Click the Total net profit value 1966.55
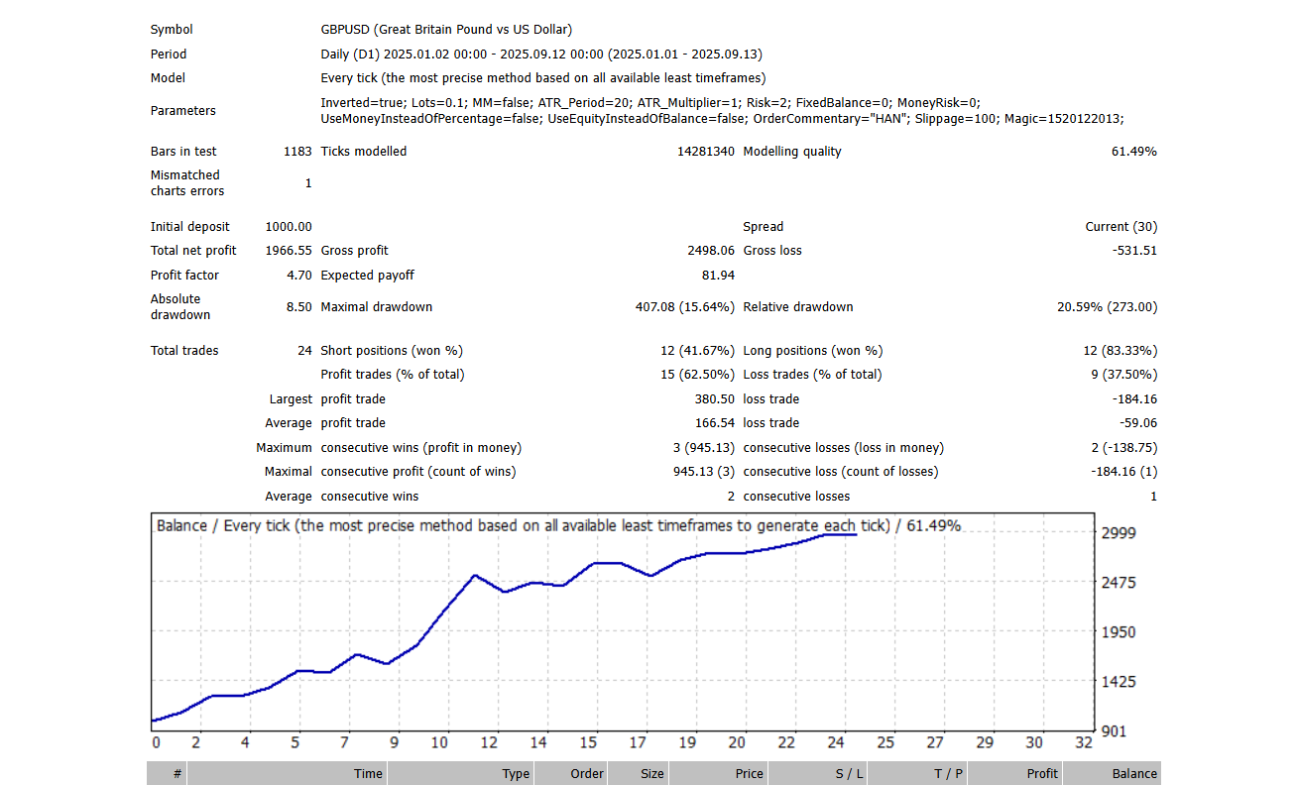coord(289,251)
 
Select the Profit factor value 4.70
coord(299,276)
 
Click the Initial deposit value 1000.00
coord(289,227)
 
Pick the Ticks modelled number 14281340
coord(706,152)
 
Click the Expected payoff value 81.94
coord(718,276)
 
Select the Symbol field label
coord(172,30)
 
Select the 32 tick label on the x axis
coord(1084,742)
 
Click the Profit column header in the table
coord(1042,774)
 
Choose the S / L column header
coord(850,774)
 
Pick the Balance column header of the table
coord(1134,774)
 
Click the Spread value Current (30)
coord(1120,227)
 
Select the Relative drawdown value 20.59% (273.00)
coord(1107,307)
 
